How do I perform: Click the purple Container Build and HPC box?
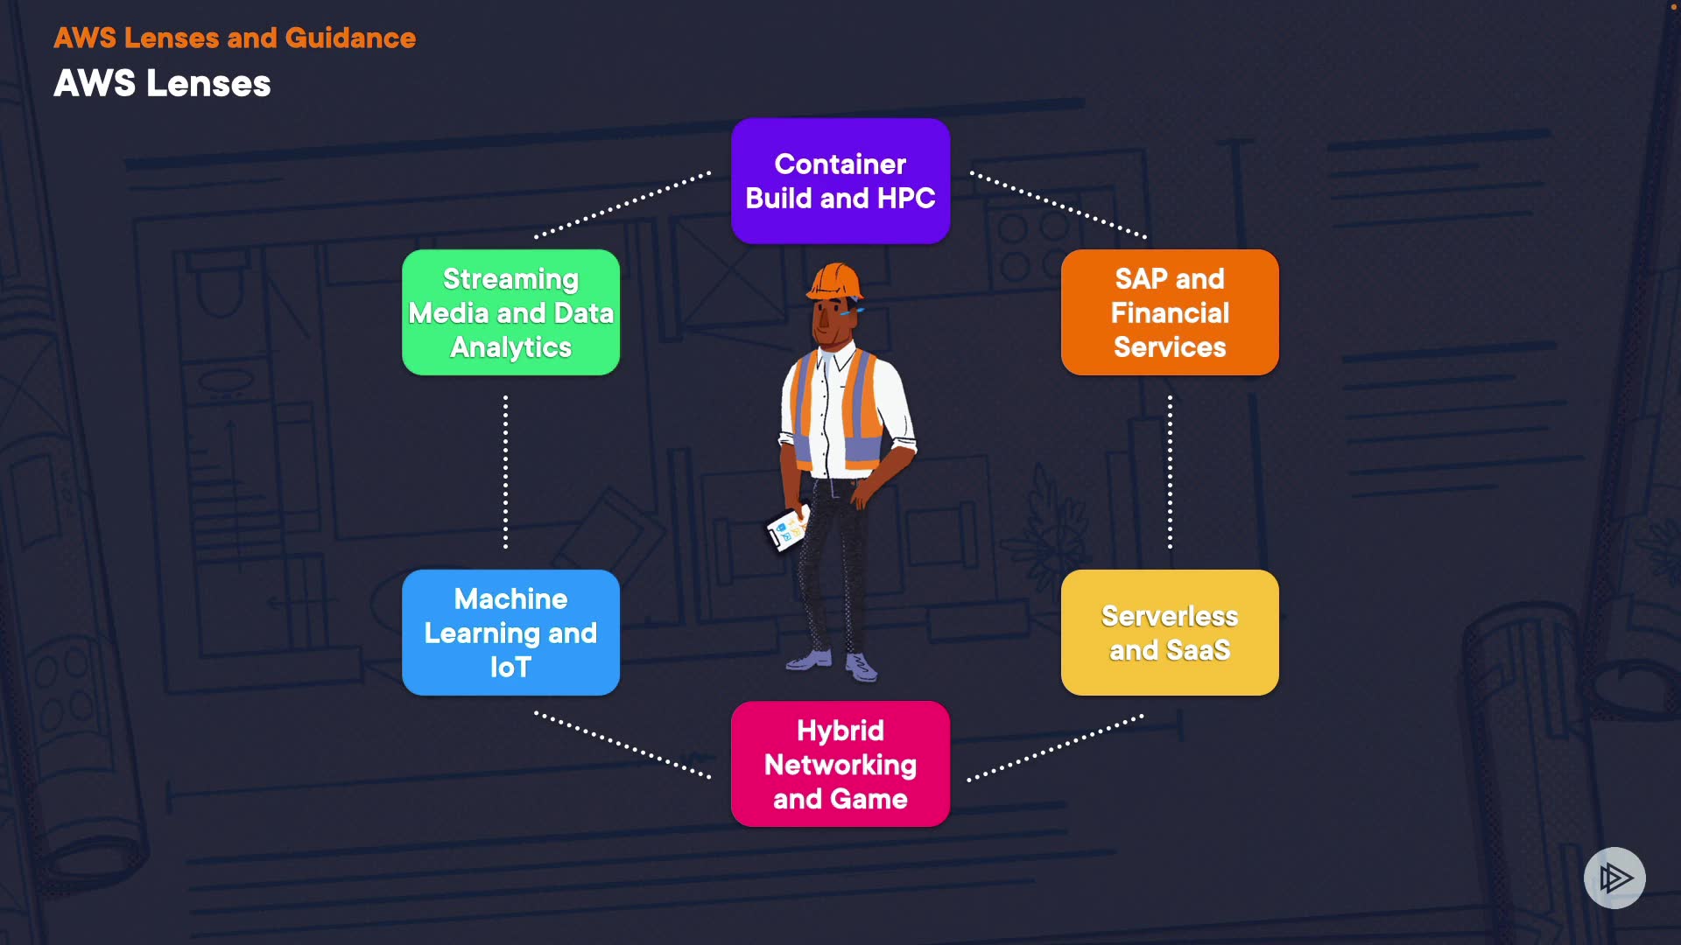[x=840, y=181]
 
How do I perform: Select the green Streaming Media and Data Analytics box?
[x=510, y=312]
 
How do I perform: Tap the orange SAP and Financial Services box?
[x=1170, y=312]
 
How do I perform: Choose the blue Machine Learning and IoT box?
[x=510, y=633]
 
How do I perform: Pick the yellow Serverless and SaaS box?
[x=1170, y=633]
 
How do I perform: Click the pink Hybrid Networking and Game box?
[x=840, y=764]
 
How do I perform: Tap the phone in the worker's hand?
[x=785, y=528]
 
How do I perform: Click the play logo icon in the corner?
[x=1614, y=878]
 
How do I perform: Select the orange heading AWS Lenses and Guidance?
[x=235, y=38]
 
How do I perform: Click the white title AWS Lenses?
[x=162, y=84]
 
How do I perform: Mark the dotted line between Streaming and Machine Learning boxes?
[x=505, y=472]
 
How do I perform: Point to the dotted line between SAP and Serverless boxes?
[x=1170, y=472]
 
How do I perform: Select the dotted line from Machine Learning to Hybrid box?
[x=622, y=745]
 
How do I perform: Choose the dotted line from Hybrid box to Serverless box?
[x=1055, y=747]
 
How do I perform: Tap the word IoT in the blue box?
[x=510, y=668]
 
